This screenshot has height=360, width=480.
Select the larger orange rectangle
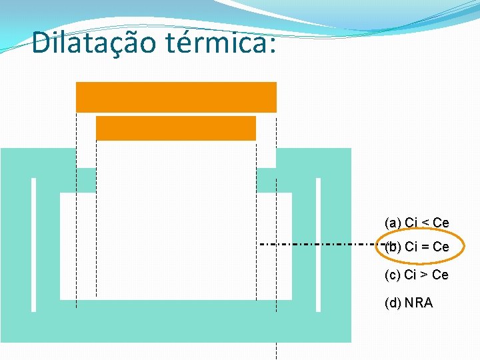(x=176, y=97)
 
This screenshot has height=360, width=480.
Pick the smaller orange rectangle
(x=176, y=128)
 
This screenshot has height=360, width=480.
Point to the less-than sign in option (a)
(x=425, y=223)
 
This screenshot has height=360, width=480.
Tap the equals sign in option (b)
(x=425, y=247)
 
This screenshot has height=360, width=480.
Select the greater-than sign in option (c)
(x=425, y=275)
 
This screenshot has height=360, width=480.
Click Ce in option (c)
(x=441, y=275)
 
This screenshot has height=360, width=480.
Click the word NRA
(x=419, y=303)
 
